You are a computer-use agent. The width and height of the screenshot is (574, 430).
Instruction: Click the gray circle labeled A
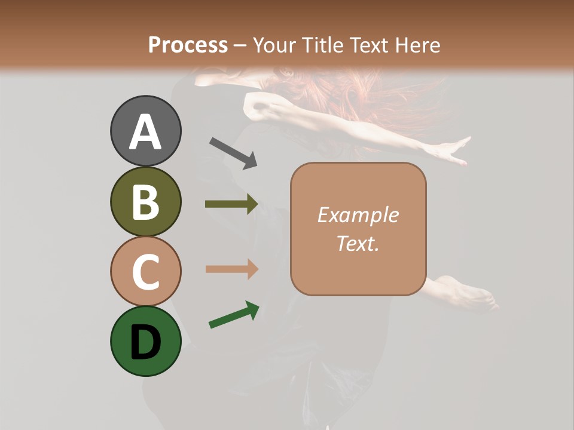coord(145,131)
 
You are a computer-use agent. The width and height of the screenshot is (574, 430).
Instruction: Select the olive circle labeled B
coord(145,202)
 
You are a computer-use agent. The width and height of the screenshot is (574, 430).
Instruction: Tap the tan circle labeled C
coord(145,271)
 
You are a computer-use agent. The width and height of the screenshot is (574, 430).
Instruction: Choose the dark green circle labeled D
coord(145,341)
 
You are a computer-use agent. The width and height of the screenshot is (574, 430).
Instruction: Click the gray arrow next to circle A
coord(233,153)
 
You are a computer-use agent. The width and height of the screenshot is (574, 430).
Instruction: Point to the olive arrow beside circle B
coord(231,204)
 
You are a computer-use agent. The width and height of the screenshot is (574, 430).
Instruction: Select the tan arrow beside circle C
coord(231,269)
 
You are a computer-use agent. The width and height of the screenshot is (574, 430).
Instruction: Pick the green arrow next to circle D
coord(234,315)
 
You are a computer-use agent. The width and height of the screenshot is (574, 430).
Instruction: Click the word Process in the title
coord(188,45)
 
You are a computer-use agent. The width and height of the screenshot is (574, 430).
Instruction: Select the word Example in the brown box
coord(358,215)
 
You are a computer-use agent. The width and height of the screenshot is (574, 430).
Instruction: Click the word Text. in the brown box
coord(358,243)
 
